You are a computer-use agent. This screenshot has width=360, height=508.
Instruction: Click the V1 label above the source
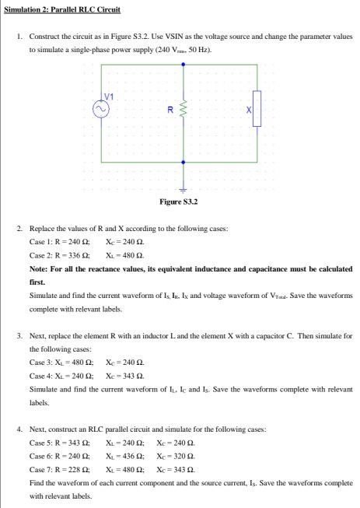pyautogui.click(x=110, y=96)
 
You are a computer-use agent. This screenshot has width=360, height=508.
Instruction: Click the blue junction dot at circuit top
pyautogui.click(x=183, y=65)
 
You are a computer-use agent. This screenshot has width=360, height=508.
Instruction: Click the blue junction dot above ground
pyautogui.click(x=183, y=163)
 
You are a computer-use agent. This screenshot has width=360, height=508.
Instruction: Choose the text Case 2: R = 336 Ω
pyautogui.click(x=59, y=254)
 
